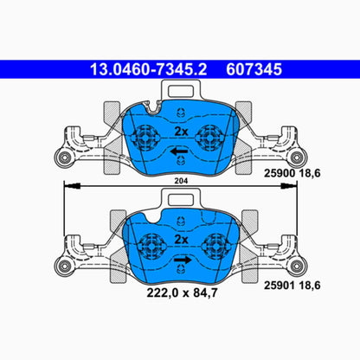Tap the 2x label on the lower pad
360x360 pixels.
click(182, 238)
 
